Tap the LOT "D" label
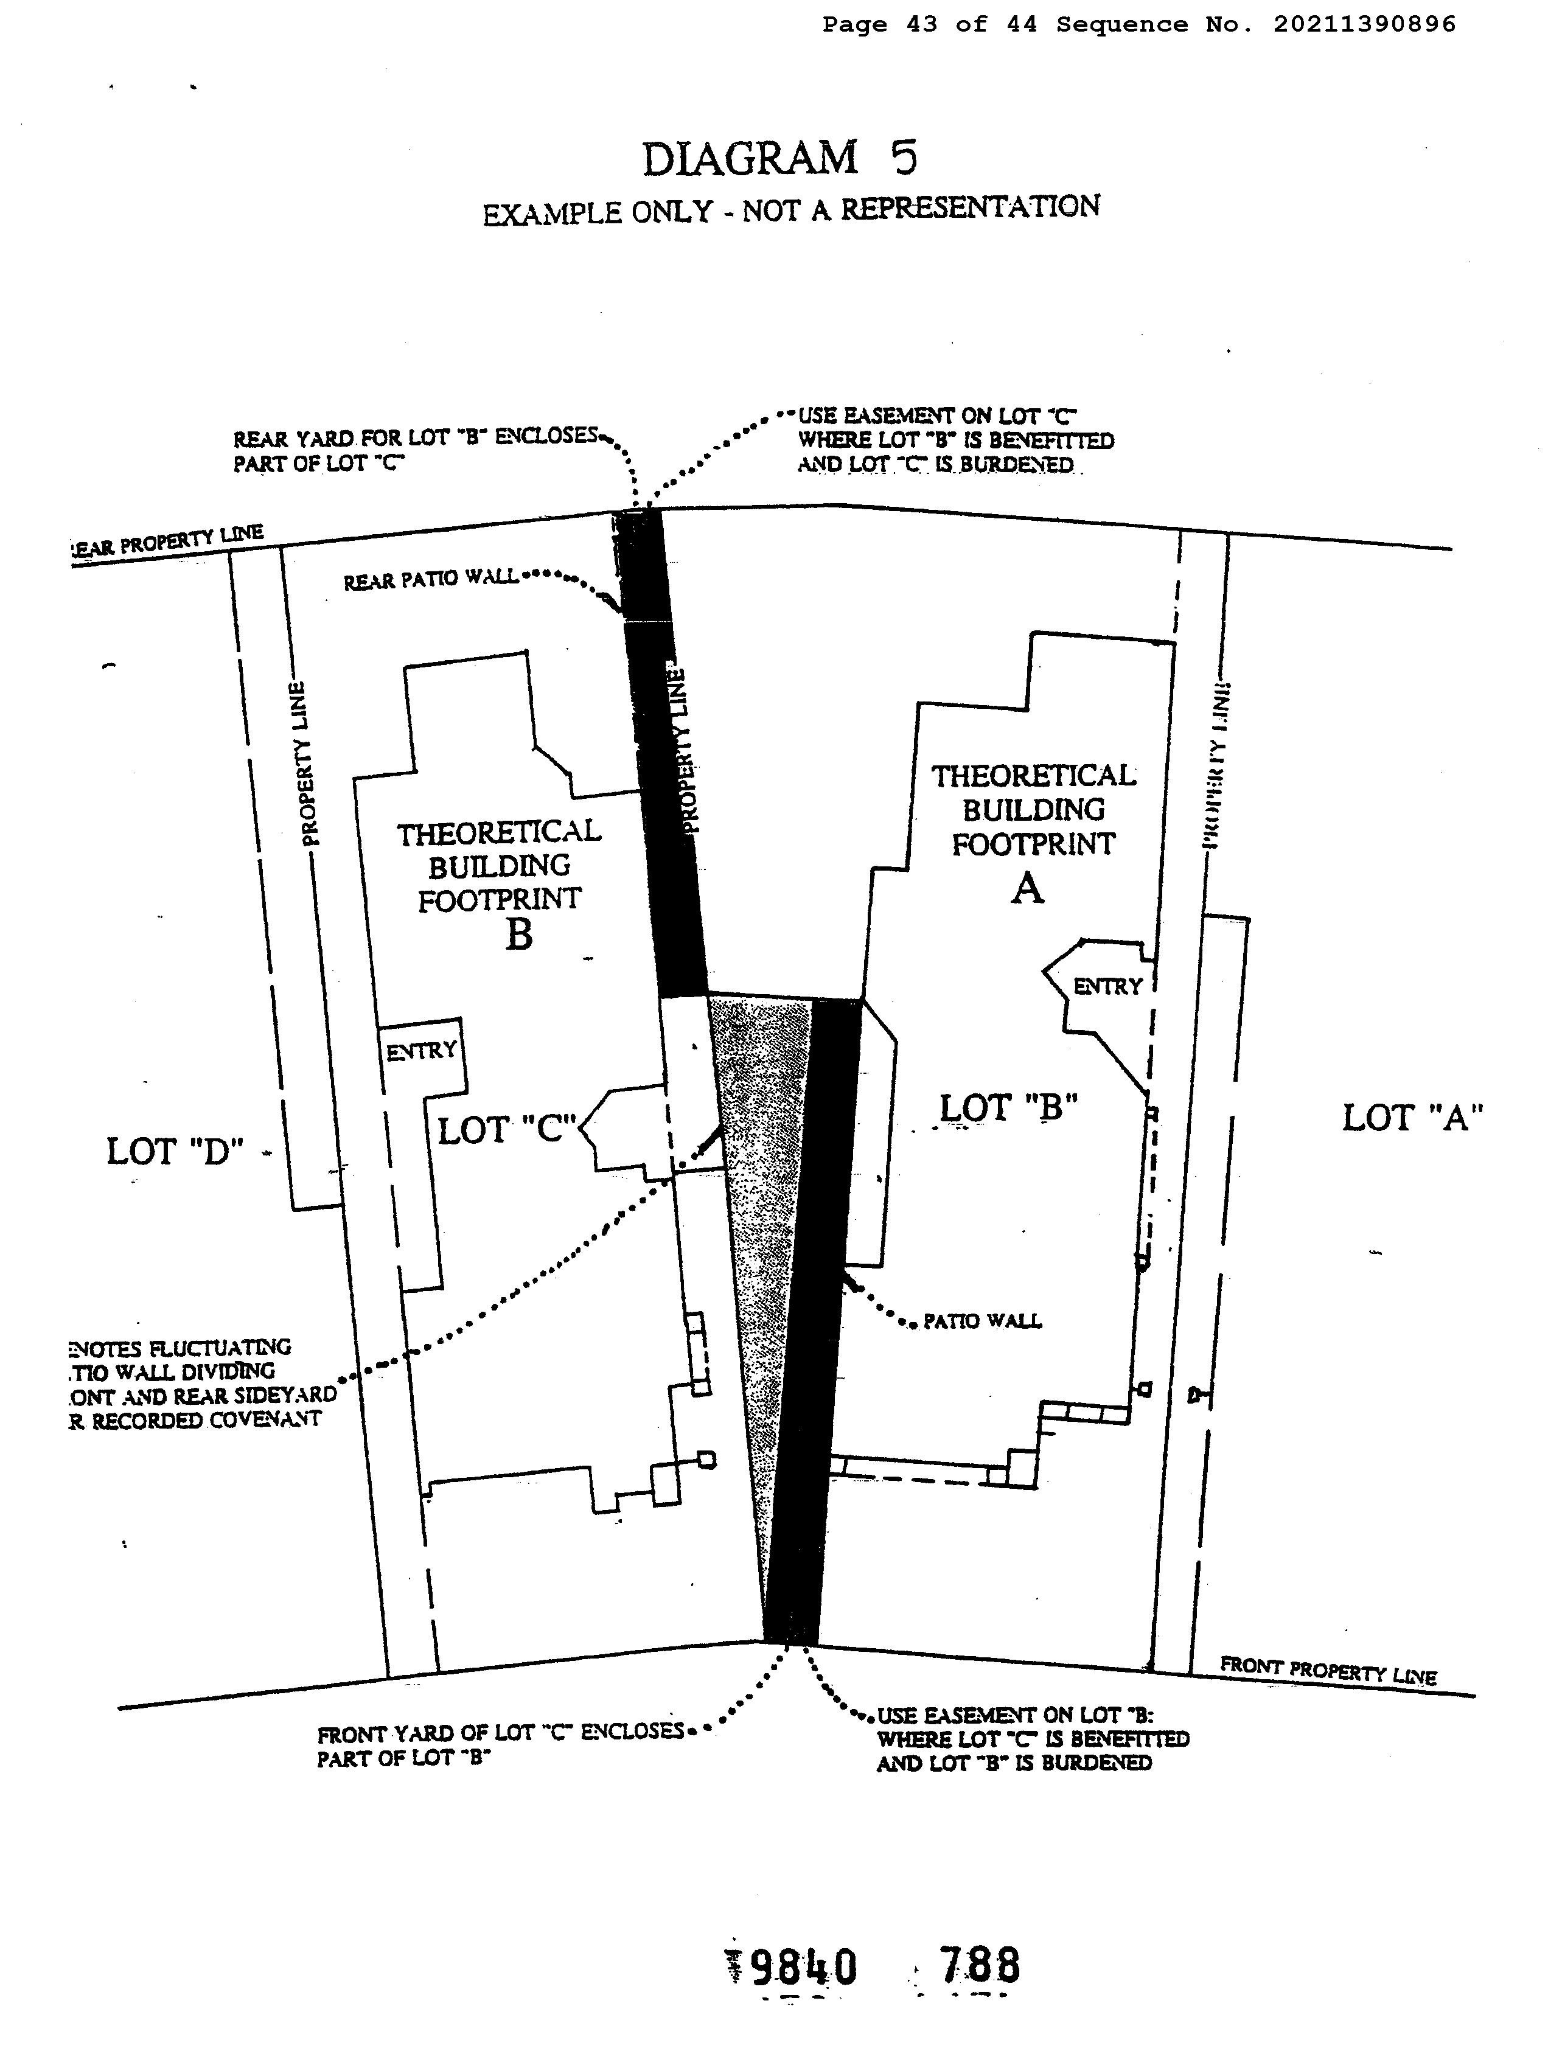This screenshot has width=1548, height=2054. point(175,1152)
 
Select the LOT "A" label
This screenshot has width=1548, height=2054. point(1412,1117)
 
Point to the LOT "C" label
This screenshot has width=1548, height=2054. point(507,1130)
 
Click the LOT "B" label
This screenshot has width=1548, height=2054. point(1008,1108)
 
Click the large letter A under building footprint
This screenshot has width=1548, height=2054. point(1027,889)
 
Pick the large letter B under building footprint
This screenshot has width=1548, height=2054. point(518,934)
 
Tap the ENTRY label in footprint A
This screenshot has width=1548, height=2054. point(1107,986)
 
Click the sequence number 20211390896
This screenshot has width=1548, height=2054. point(1363,25)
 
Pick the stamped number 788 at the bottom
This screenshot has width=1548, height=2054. point(979,1965)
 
